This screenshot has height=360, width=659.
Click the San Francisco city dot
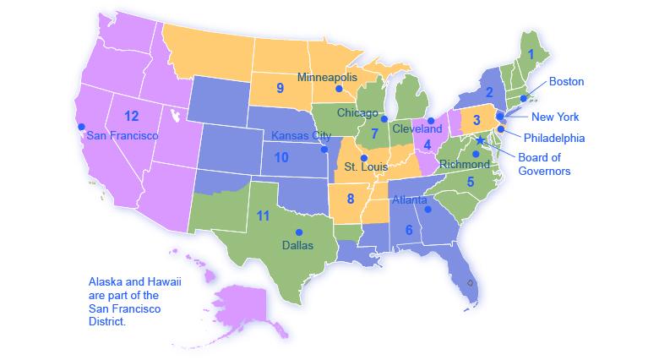click(x=82, y=127)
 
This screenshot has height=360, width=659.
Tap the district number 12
click(x=131, y=116)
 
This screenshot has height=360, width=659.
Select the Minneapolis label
click(x=327, y=77)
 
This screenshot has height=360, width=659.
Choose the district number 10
click(x=281, y=157)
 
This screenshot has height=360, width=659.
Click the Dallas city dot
click(x=298, y=232)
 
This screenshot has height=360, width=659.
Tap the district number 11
click(x=263, y=215)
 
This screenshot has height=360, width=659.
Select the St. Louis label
click(x=366, y=167)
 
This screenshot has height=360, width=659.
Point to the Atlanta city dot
click(x=428, y=209)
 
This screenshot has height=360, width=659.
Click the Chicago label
click(x=357, y=112)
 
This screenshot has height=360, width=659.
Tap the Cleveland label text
click(x=417, y=129)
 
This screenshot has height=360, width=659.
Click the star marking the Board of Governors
click(x=480, y=140)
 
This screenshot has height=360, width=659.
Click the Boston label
click(x=566, y=82)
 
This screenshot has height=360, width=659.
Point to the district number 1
click(x=531, y=53)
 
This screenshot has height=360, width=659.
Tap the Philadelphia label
click(x=553, y=138)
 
